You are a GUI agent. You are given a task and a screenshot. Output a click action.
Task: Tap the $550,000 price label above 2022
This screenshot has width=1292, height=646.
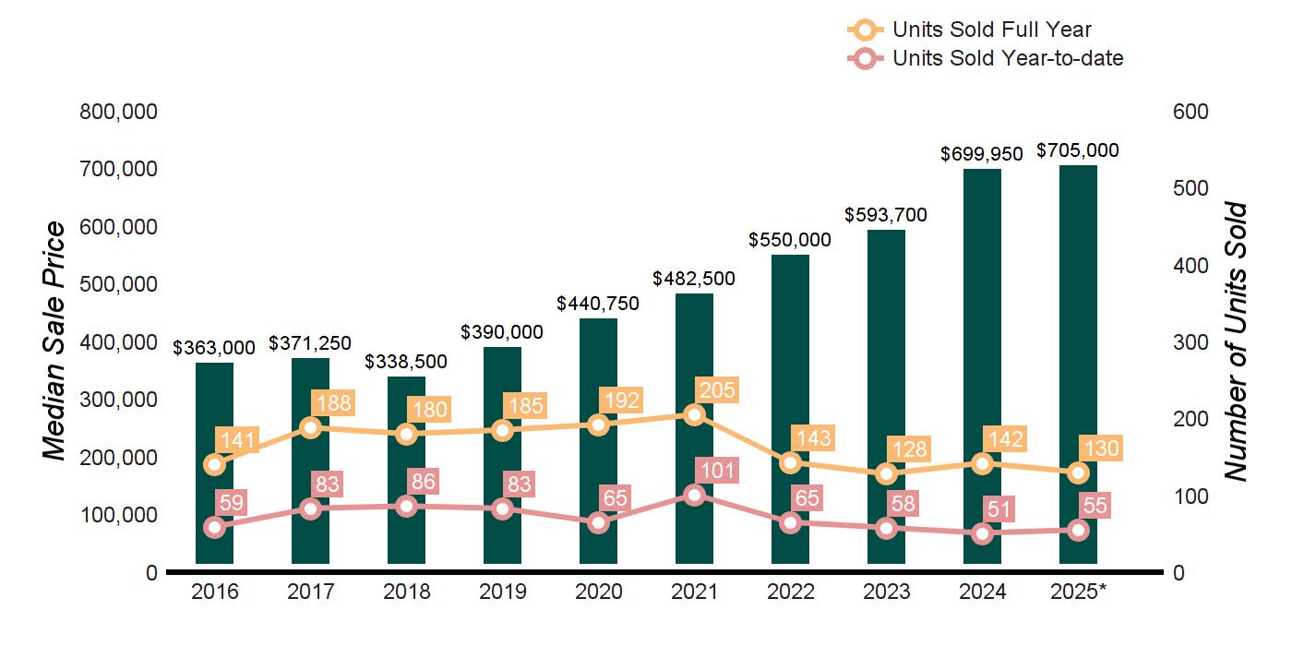789,240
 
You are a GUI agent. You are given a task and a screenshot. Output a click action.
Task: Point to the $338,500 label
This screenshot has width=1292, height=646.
406,362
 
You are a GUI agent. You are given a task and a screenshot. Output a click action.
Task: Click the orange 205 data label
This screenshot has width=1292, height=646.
717,390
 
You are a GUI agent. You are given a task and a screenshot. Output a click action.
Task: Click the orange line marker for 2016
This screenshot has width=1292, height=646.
214,464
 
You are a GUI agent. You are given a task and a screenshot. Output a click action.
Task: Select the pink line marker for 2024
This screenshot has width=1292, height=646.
982,532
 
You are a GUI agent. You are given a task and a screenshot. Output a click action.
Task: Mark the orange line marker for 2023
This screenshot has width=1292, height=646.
886,473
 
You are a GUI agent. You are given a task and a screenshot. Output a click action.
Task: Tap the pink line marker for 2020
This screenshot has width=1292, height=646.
598,522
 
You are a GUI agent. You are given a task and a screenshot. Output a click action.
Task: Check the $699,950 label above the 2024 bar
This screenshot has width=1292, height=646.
982,154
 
